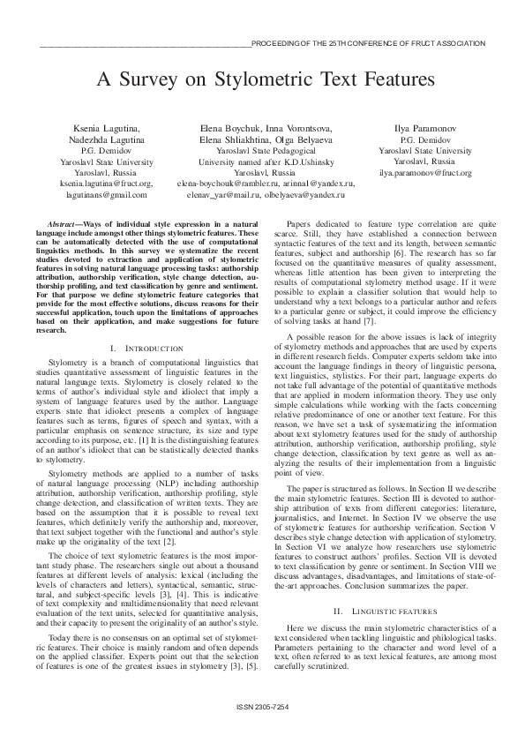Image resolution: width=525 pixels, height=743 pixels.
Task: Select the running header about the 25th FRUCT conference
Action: click(368, 42)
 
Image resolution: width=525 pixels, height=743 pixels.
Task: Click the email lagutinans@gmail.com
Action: click(94, 194)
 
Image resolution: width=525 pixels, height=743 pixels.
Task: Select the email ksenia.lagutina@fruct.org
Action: click(94, 184)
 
